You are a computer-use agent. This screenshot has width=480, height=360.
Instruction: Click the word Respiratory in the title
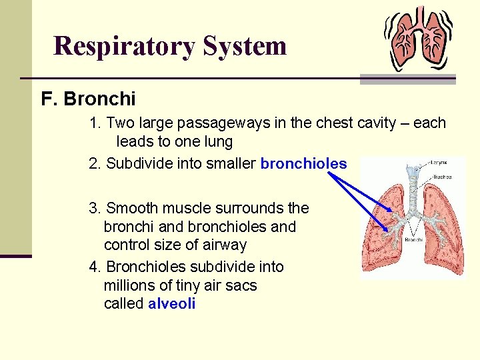click(125, 46)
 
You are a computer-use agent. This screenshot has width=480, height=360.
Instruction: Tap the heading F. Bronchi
click(88, 99)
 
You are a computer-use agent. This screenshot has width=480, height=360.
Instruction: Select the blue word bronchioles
click(303, 163)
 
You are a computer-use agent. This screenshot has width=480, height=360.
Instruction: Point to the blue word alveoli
click(172, 304)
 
